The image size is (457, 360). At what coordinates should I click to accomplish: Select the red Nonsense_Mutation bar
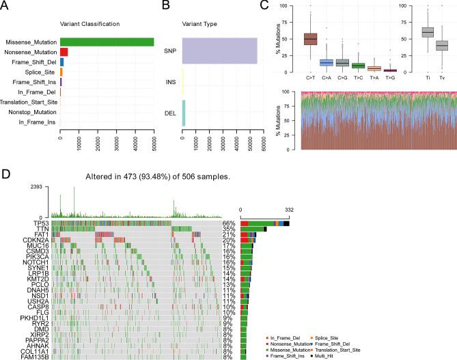coord(64,52)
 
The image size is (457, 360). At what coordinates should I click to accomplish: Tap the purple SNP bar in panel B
coord(219,52)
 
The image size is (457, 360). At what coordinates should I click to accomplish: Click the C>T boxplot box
coord(310,39)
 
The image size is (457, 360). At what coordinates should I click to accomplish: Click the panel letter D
coord(5,174)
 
